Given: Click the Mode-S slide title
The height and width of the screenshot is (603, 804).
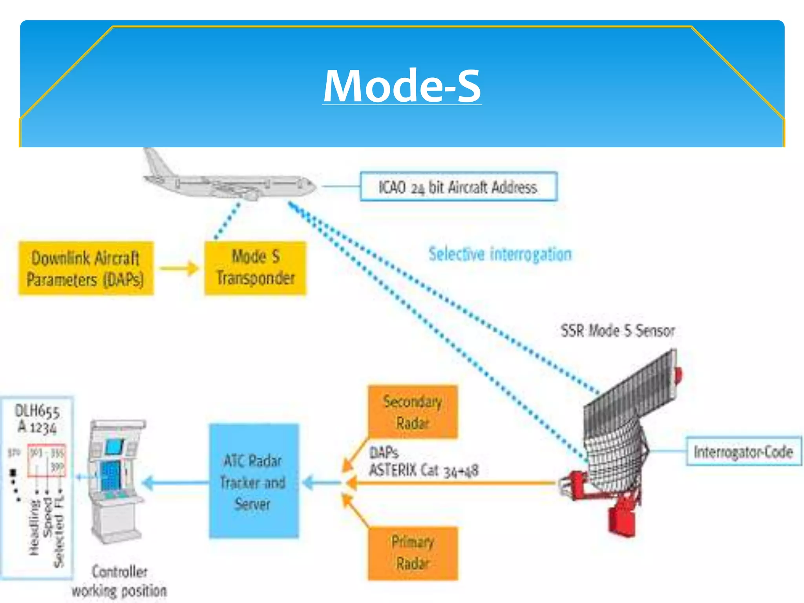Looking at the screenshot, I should click(x=402, y=86).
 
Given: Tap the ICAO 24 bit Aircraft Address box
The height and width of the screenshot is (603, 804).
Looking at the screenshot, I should click(x=458, y=187).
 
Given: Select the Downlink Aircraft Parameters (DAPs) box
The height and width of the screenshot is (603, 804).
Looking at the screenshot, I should click(x=86, y=269).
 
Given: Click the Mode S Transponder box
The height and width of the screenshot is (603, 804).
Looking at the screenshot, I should click(x=255, y=268).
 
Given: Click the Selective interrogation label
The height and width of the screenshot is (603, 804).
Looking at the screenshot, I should click(x=500, y=254).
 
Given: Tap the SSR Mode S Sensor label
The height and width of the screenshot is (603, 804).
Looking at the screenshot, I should click(x=618, y=331).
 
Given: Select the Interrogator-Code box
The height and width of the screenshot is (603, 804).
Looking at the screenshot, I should click(x=743, y=451).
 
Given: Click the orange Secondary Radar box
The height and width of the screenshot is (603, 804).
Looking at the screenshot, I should click(x=413, y=412).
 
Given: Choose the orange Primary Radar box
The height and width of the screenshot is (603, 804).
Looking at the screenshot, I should click(x=413, y=553).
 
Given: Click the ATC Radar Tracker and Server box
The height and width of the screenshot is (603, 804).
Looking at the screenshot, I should click(x=254, y=481).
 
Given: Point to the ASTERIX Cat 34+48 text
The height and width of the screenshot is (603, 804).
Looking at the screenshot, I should click(x=424, y=470).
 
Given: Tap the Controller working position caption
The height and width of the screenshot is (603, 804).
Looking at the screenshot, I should click(x=119, y=581).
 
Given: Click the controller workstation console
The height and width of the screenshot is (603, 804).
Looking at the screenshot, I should click(x=115, y=479).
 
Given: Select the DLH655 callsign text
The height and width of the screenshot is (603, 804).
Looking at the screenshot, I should click(x=37, y=411).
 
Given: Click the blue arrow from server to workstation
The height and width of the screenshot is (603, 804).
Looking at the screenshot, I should click(x=175, y=483).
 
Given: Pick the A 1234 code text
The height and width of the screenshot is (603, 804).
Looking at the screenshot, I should click(x=37, y=427).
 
